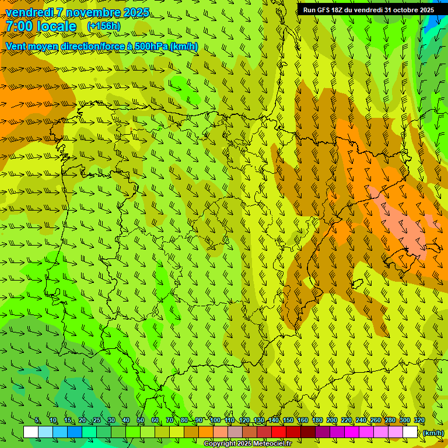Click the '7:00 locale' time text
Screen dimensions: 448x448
(x=41, y=26)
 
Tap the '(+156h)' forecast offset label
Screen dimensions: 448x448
(x=103, y=26)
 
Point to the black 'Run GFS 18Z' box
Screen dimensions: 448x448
(x=367, y=10)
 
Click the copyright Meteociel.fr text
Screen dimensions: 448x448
(x=247, y=444)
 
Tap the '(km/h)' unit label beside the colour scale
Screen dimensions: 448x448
(x=433, y=433)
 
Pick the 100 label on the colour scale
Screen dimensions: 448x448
(x=215, y=421)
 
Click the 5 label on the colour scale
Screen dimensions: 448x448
(x=37, y=421)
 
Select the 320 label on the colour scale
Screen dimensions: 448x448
(x=419, y=421)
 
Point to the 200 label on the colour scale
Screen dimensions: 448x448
(x=332, y=421)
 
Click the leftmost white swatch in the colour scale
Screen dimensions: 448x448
(x=31, y=432)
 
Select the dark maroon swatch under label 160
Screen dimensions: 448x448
(x=308, y=432)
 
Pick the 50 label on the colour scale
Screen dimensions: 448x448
(x=141, y=421)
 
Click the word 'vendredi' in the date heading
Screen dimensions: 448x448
(x=30, y=12)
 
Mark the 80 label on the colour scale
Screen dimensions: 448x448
(x=184, y=421)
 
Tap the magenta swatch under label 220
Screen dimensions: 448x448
(x=352, y=432)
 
